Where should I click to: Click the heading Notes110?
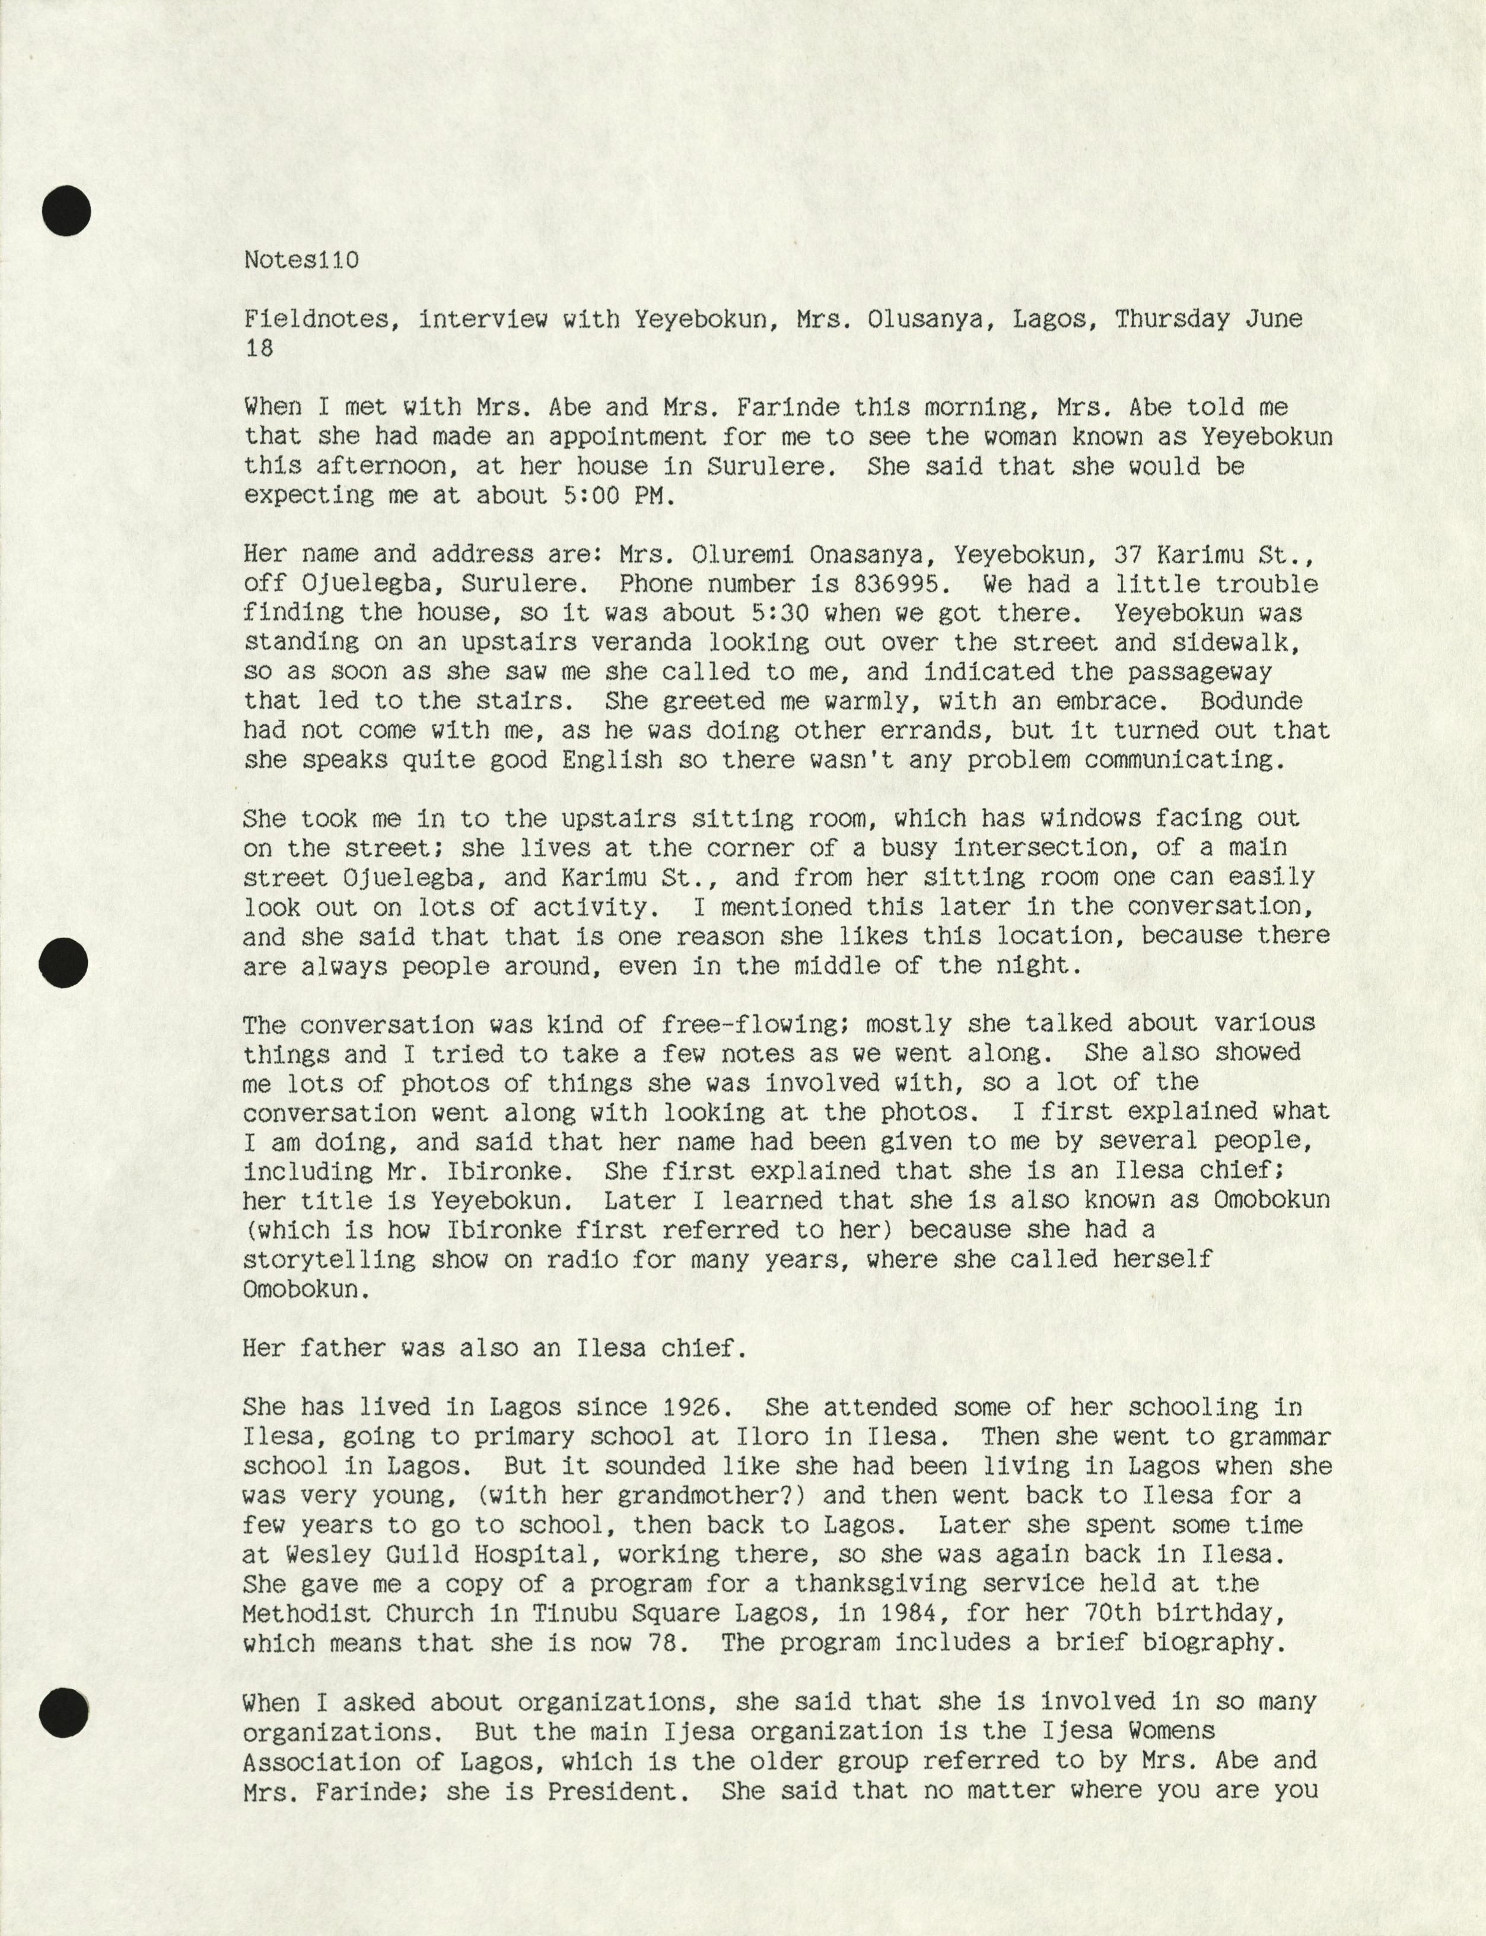click(x=301, y=260)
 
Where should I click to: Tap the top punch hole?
click(x=66, y=211)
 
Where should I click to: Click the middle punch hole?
click(x=65, y=962)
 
